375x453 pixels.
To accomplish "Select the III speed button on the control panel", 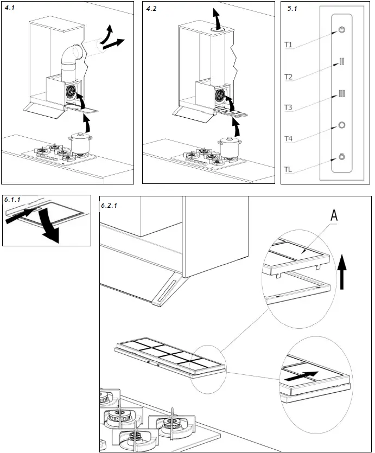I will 341,94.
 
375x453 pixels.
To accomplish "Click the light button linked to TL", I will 341,157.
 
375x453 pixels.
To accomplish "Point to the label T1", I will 289,45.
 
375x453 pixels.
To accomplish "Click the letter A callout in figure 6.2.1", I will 335,216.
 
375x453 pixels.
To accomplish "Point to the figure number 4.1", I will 10,8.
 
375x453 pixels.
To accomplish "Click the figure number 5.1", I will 291,8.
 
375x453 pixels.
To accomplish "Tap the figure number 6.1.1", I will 12,200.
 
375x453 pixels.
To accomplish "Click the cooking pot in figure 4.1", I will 79,144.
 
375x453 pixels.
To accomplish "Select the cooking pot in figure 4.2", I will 228,147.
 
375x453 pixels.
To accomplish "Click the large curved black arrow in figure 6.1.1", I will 50,228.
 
